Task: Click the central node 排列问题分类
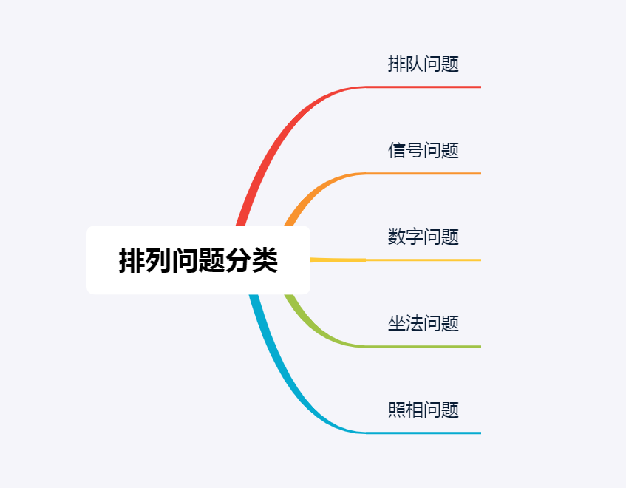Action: [x=198, y=260]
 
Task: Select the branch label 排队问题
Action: [x=423, y=64]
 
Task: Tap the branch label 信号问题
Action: [x=423, y=150]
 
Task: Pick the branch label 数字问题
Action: [x=423, y=237]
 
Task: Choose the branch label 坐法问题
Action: [x=423, y=323]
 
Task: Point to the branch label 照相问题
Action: [x=423, y=410]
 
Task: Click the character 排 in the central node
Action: [x=132, y=260]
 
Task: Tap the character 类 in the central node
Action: [x=265, y=260]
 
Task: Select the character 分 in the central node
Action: [x=238, y=260]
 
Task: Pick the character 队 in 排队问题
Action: [x=415, y=64]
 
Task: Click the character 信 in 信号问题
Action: [x=397, y=150]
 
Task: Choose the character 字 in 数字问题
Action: [x=415, y=237]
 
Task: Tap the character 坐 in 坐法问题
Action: [x=397, y=323]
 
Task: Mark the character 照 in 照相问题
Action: [x=397, y=410]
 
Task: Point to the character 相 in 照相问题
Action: [x=415, y=410]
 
